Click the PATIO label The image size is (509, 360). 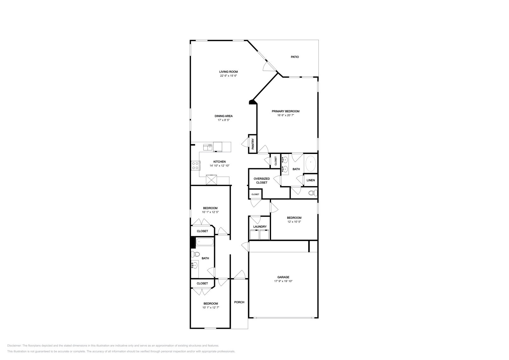(x=295, y=57)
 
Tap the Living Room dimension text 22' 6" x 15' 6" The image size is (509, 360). (x=228, y=76)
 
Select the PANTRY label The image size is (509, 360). (x=253, y=144)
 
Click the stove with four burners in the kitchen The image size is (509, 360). (x=195, y=165)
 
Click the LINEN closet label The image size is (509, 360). (x=310, y=180)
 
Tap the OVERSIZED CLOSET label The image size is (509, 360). (x=261, y=181)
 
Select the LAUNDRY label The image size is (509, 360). (x=260, y=227)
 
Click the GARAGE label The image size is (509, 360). (x=283, y=277)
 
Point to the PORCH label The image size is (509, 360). (x=239, y=302)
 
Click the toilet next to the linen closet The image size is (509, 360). (x=313, y=193)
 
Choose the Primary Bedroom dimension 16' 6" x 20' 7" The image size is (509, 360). (x=285, y=115)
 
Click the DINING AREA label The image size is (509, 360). (x=223, y=116)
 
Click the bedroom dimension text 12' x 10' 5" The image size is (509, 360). (x=294, y=222)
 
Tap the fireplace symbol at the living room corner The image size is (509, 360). (x=252, y=102)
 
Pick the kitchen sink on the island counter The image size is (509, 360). (x=208, y=147)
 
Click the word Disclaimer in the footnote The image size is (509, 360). (x=14, y=345)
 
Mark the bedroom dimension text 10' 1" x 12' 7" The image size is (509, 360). (x=211, y=308)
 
